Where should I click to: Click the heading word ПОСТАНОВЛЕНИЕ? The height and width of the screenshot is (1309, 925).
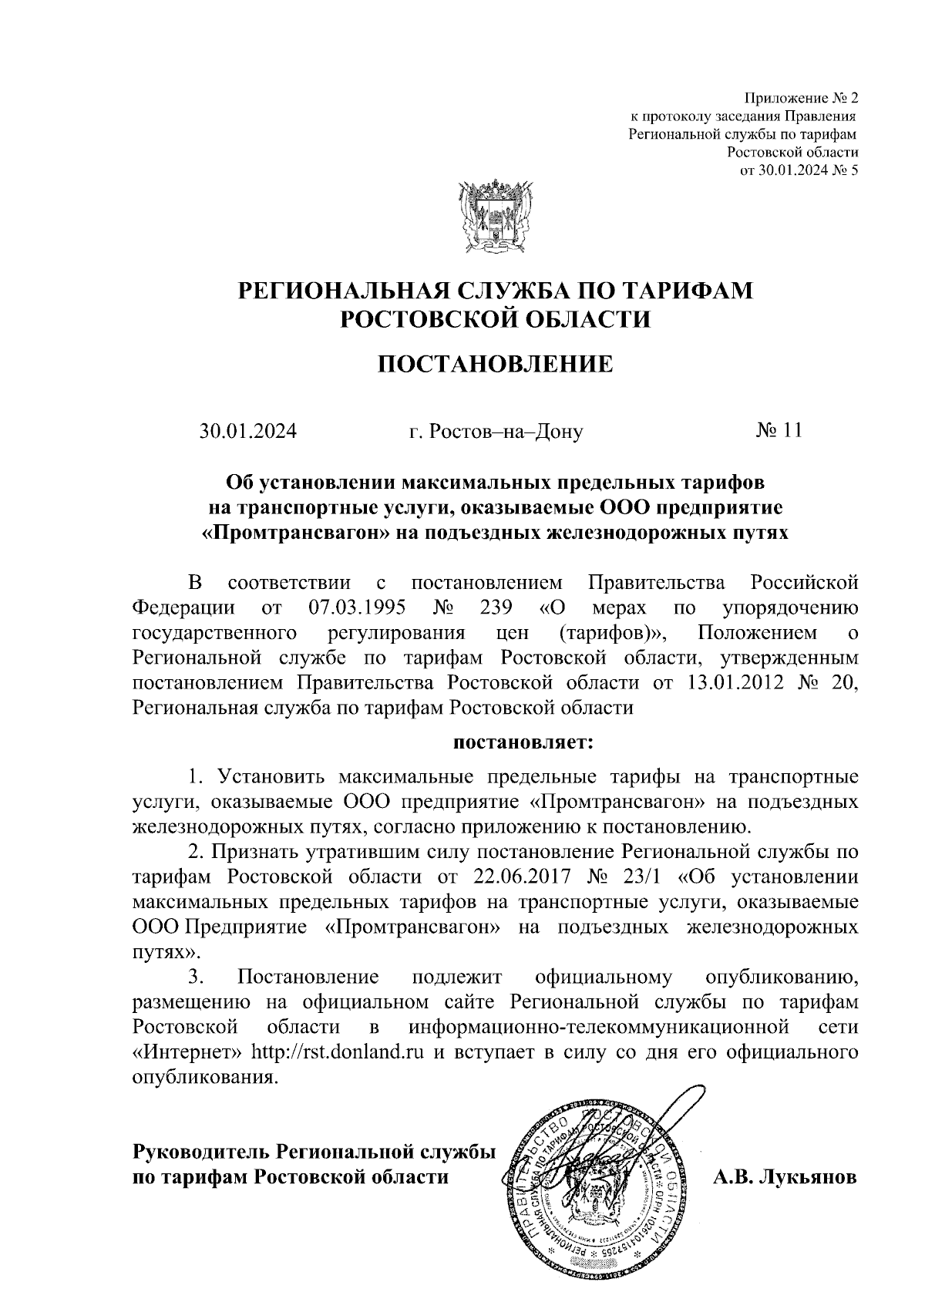(x=495, y=363)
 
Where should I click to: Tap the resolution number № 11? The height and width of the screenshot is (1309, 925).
(x=779, y=430)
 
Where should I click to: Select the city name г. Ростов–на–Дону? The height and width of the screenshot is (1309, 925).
(x=496, y=432)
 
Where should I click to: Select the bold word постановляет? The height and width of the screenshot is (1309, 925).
(x=523, y=744)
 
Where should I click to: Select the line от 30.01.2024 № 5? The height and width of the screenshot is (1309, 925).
(x=799, y=170)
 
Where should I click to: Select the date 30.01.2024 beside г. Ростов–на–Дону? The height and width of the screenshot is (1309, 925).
(x=248, y=431)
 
